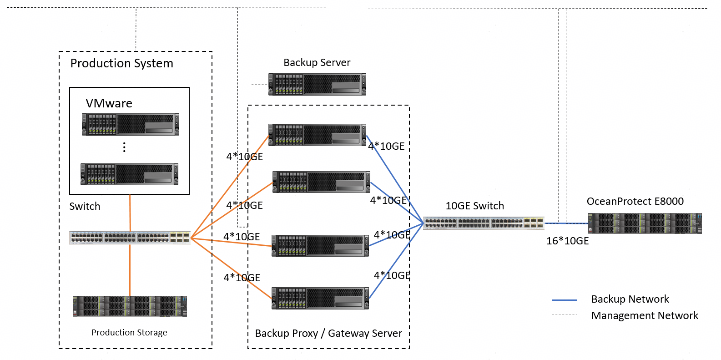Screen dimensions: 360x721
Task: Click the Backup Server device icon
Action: pyautogui.click(x=317, y=84)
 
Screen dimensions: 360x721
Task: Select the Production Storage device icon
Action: pyautogui.click(x=130, y=306)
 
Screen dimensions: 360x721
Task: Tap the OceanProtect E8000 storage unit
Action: pyautogui.click(x=645, y=223)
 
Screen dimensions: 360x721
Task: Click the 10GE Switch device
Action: pyautogui.click(x=484, y=223)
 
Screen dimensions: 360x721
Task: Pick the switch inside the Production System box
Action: pyautogui.click(x=130, y=238)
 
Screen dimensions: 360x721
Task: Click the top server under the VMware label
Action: pyautogui.click(x=131, y=124)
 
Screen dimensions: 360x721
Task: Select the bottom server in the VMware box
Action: pyautogui.click(x=130, y=174)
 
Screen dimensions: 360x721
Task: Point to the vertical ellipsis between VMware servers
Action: pyautogui.click(x=124, y=147)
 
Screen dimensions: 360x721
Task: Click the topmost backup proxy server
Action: pyautogui.click(x=317, y=135)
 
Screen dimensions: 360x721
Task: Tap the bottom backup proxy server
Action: pyautogui.click(x=320, y=298)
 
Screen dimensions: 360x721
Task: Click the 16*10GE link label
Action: pyautogui.click(x=567, y=241)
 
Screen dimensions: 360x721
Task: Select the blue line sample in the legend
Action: pyautogui.click(x=564, y=300)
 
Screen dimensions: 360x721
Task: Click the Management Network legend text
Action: pyautogui.click(x=644, y=315)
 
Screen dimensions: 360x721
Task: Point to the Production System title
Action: pyautogui.click(x=121, y=63)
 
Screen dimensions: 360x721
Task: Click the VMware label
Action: pyautogui.click(x=109, y=103)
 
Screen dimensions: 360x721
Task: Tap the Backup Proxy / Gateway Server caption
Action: pyautogui.click(x=328, y=333)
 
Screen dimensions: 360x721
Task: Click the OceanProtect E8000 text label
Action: pyautogui.click(x=635, y=201)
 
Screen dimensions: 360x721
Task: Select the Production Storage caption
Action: pyautogui.click(x=129, y=333)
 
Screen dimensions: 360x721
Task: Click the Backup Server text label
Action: pyautogui.click(x=317, y=62)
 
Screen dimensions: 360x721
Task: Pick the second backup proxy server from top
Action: pyautogui.click(x=321, y=182)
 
